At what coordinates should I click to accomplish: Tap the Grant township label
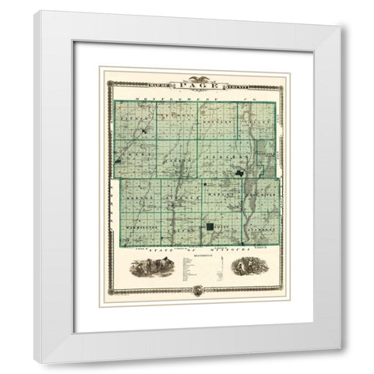(x=134, y=156)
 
